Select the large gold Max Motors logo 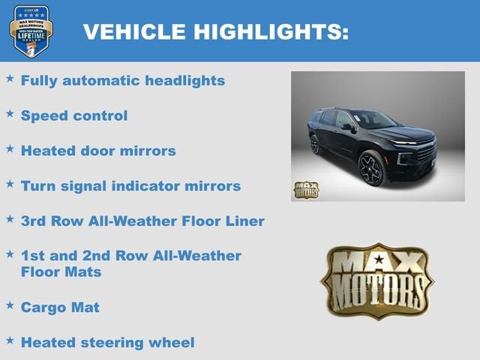tap(377, 280)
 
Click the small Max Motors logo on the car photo tap(305, 190)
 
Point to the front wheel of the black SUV tap(371, 168)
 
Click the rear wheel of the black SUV tap(315, 145)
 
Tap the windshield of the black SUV tap(373, 119)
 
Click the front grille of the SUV tap(425, 154)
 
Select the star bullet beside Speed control tap(10, 113)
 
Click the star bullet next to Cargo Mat tap(10, 304)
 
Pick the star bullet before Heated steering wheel tap(10, 340)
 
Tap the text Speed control tap(74, 115)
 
